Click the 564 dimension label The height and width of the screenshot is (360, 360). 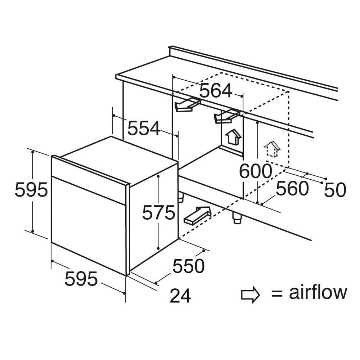[x=216, y=91]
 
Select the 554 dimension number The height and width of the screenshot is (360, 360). [x=144, y=128]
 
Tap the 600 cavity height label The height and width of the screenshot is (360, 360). [x=256, y=171]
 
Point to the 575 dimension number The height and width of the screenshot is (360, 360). [x=159, y=213]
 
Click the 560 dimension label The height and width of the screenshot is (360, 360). [x=292, y=189]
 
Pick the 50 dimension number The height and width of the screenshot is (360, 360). [x=335, y=190]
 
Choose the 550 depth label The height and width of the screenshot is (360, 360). [x=188, y=266]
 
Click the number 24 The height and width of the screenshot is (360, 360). [x=180, y=296]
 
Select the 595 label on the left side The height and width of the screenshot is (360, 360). [x=31, y=190]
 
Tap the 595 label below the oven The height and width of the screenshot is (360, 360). [x=81, y=279]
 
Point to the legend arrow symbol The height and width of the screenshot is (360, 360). [x=251, y=294]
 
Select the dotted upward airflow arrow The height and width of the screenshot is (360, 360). [x=272, y=149]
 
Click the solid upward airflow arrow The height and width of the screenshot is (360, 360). [x=233, y=137]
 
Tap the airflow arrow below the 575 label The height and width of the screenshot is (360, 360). [x=197, y=215]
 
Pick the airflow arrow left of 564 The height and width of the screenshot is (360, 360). [x=188, y=105]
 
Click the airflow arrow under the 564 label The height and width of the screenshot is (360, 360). [x=227, y=116]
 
